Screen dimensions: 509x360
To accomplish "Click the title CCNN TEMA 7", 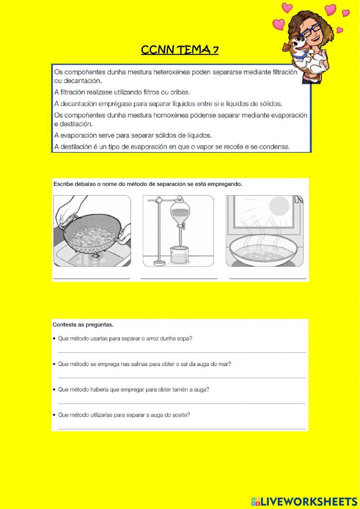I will tap(180, 50).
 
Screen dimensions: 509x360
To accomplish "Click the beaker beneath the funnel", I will tap(178, 255).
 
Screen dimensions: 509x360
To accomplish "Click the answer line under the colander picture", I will tap(91, 278).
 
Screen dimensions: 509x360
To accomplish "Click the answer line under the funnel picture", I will tap(179, 278).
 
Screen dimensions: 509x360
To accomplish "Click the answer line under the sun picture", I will tap(267, 278).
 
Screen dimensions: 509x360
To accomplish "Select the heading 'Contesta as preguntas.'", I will tap(83, 325).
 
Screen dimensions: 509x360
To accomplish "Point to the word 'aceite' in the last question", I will tap(181, 415).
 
